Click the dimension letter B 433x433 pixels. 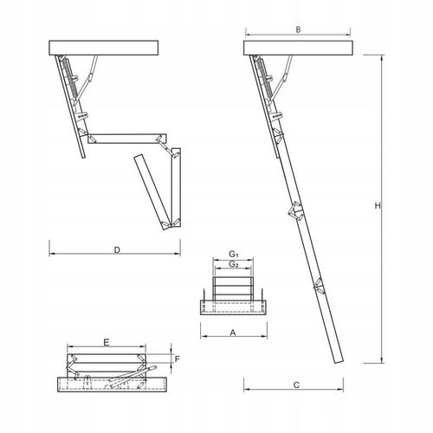tap(298, 29)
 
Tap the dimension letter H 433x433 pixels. tap(377, 206)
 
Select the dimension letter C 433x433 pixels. tap(296, 385)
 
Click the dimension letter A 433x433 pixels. tap(232, 332)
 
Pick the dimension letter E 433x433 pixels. tap(105, 344)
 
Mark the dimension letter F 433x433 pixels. tap(176, 358)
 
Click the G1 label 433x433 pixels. tap(233, 254)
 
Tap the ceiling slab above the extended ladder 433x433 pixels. tap(300, 46)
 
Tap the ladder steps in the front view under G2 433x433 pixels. tap(232, 286)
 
